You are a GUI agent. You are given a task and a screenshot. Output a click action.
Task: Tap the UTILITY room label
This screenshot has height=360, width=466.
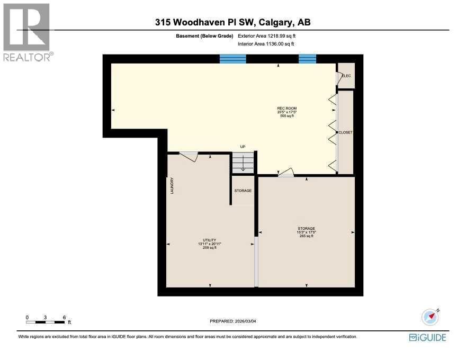(x=209, y=240)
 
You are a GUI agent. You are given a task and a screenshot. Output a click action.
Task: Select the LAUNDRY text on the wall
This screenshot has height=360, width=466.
(x=172, y=186)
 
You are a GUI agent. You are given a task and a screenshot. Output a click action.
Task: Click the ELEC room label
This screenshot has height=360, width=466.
(x=346, y=76)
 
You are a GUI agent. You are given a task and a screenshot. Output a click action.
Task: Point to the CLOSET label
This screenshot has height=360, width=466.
(x=346, y=132)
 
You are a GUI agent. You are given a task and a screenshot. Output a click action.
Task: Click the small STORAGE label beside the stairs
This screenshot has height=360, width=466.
(x=243, y=191)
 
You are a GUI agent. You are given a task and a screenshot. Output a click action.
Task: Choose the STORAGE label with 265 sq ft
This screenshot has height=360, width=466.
(x=306, y=229)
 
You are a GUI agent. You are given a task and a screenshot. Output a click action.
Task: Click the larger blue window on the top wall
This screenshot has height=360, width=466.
(x=233, y=59)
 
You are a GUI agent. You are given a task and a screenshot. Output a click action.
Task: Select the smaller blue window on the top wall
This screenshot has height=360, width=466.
(x=307, y=59)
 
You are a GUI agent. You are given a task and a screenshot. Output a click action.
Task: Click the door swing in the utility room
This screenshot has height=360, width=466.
(x=189, y=156)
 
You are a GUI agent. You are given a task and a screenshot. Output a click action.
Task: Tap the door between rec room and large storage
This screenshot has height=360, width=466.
(x=286, y=172)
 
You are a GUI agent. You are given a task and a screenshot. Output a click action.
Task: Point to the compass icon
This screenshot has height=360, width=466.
(x=431, y=317)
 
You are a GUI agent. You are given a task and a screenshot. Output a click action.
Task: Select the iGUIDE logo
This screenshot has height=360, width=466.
(x=427, y=337)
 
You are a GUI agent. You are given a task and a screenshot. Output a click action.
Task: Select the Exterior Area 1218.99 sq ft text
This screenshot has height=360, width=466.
(x=267, y=36)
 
